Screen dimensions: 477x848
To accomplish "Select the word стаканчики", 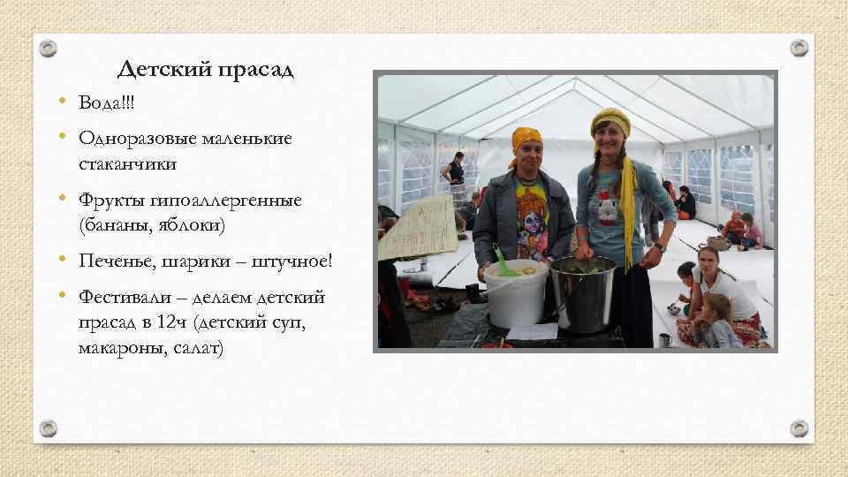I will (126, 163).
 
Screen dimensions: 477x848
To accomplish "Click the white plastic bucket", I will (515, 292).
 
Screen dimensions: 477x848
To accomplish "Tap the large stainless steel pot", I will (584, 291).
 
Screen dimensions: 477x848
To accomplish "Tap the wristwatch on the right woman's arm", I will (659, 246).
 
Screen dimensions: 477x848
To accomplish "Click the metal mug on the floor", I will (664, 338).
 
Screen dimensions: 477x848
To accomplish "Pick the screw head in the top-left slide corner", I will (49, 48).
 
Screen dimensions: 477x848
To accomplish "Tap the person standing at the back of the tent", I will (457, 176).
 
